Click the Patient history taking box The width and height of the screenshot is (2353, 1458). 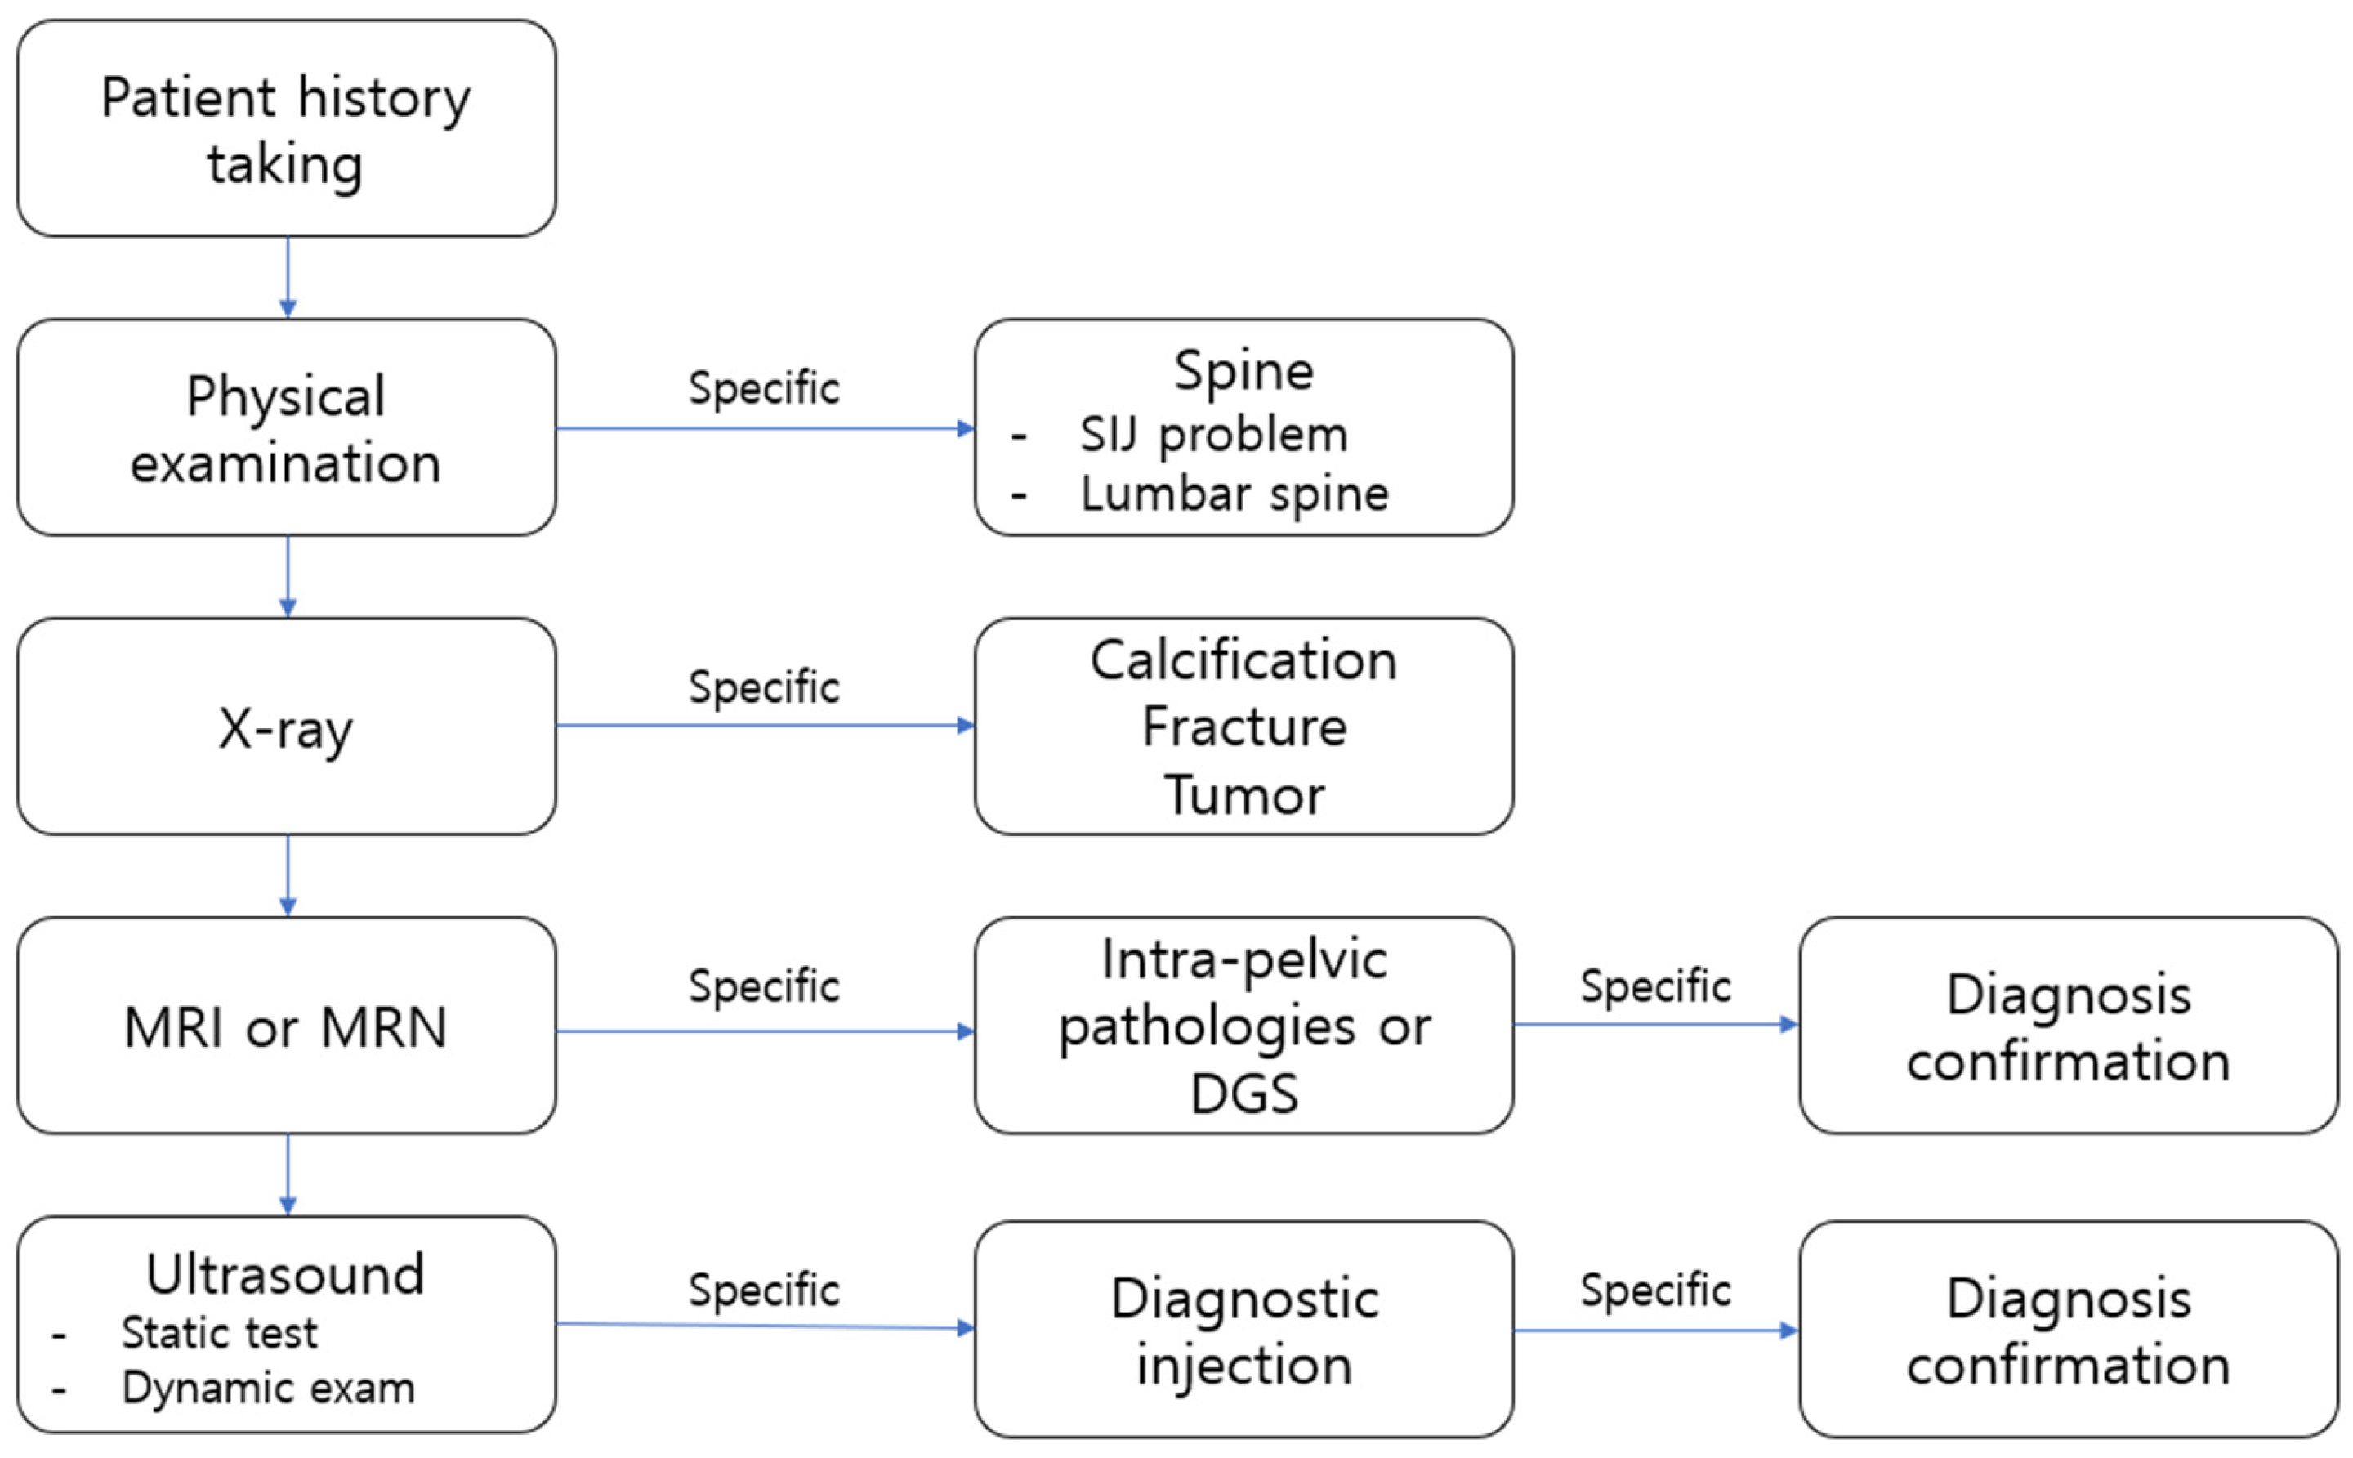pyautogui.click(x=286, y=129)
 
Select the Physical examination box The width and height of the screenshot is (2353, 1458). pyautogui.click(x=286, y=428)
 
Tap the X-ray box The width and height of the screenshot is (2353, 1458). pyautogui.click(x=286, y=727)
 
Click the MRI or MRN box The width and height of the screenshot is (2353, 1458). pyautogui.click(x=286, y=1026)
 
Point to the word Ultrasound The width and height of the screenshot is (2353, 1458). pyautogui.click(x=285, y=1275)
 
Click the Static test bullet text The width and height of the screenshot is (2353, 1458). pyautogui.click(x=219, y=1334)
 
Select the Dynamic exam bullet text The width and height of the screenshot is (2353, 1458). pyautogui.click(x=268, y=1389)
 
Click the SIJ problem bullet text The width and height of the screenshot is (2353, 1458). pyautogui.click(x=1212, y=435)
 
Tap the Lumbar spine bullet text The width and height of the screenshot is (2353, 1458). pyautogui.click(x=1234, y=494)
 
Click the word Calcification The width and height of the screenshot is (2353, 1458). pyautogui.click(x=1243, y=661)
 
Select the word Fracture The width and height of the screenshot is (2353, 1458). pyautogui.click(x=1243, y=727)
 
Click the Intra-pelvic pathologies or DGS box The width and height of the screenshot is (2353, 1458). pyautogui.click(x=1243, y=1026)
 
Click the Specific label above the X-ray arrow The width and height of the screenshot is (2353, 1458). pyautogui.click(x=763, y=687)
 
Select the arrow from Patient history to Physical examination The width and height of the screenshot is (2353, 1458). pyautogui.click(x=288, y=278)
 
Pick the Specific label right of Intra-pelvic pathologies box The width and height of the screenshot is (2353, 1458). pyautogui.click(x=1655, y=986)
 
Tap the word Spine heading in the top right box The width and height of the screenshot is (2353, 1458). pyautogui.click(x=1243, y=371)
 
